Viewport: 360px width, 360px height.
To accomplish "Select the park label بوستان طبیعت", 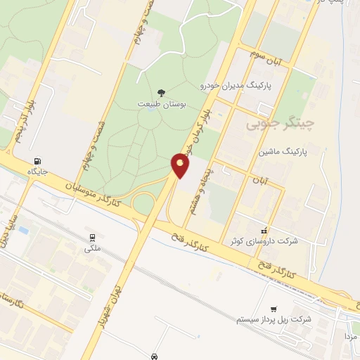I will pos(162,104).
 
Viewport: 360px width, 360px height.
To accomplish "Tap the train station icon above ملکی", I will pos(92,236).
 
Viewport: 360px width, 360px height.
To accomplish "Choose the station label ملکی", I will pos(92,248).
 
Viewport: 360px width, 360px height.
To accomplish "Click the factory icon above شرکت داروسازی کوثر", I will pos(264,230).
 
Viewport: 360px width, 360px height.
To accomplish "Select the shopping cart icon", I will pos(274,308).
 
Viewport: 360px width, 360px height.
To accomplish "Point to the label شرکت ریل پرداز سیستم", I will pos(274,319).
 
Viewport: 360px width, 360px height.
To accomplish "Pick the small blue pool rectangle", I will pos(23,230).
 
